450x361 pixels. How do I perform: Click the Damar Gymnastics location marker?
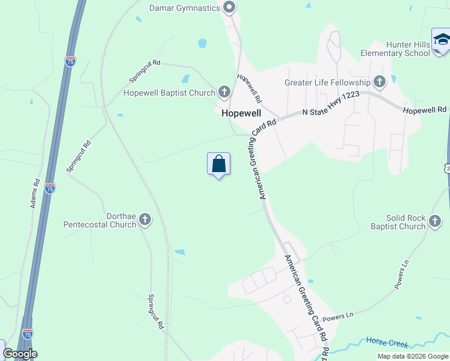point(229,7)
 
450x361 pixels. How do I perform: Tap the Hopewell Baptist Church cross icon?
point(224,92)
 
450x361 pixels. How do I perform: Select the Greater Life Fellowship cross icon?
point(379,81)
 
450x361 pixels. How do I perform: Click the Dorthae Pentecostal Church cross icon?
point(145,220)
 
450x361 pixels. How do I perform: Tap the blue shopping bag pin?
point(218,164)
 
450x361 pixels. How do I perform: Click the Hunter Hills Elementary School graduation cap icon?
point(442,40)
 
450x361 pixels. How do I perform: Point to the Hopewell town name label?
point(242,113)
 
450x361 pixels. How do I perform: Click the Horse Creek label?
point(387,343)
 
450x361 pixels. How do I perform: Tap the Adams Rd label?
point(35,194)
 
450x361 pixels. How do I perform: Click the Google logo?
point(19,354)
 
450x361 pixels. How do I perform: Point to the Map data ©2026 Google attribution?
point(413,356)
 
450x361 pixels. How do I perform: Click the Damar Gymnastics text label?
point(183,8)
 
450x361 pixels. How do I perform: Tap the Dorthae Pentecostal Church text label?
point(100,220)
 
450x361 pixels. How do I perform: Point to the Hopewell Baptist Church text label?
point(169,93)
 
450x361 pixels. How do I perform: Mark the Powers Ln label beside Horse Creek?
point(337,315)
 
